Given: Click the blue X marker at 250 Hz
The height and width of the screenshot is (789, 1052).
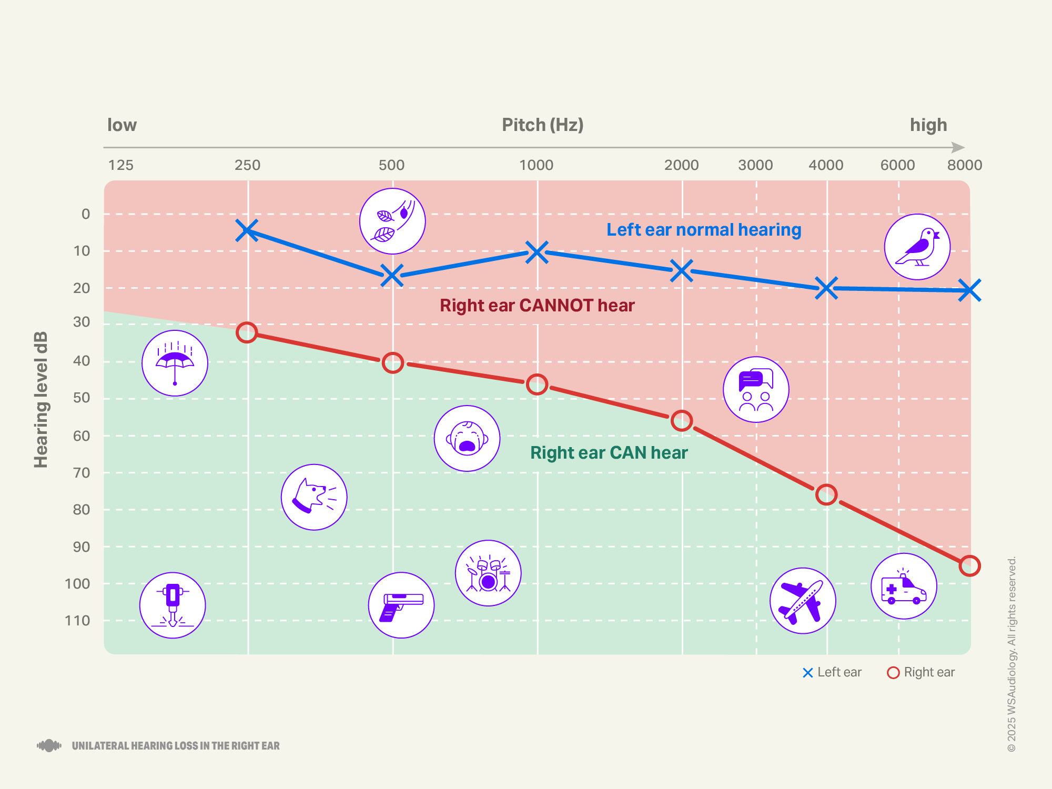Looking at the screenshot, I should (247, 230).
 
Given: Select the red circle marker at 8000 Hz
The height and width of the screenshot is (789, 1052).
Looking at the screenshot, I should (969, 566).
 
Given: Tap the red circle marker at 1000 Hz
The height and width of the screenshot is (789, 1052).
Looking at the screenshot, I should (537, 385).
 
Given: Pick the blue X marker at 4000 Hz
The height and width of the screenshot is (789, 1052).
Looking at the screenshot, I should (826, 288).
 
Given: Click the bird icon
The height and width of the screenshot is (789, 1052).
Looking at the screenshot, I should (917, 247).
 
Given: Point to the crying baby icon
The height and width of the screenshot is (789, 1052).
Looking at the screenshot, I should (467, 438).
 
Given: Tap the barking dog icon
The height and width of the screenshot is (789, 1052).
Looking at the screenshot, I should (314, 497).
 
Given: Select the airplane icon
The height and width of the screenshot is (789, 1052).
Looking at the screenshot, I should (803, 601).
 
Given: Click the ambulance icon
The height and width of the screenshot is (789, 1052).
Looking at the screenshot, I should (904, 586).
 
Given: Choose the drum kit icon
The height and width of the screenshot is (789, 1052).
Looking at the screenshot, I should (488, 573).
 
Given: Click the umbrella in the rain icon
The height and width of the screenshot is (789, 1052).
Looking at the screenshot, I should (175, 363).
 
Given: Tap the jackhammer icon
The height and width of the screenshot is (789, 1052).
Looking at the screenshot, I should (173, 605).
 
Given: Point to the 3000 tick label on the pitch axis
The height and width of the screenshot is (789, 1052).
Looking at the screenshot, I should (755, 165).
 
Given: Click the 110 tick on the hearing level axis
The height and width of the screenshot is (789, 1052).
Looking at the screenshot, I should (77, 621).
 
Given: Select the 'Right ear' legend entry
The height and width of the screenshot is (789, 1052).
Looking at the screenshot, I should (921, 672).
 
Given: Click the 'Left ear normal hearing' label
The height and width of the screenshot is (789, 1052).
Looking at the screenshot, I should (704, 230).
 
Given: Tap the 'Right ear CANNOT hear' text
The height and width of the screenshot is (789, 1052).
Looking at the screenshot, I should (537, 306).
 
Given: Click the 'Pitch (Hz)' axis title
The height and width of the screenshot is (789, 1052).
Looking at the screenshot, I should (542, 125).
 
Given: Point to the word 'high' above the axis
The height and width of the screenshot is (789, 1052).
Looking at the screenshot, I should (928, 125).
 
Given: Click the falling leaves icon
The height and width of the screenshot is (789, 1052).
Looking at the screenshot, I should (392, 221).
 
